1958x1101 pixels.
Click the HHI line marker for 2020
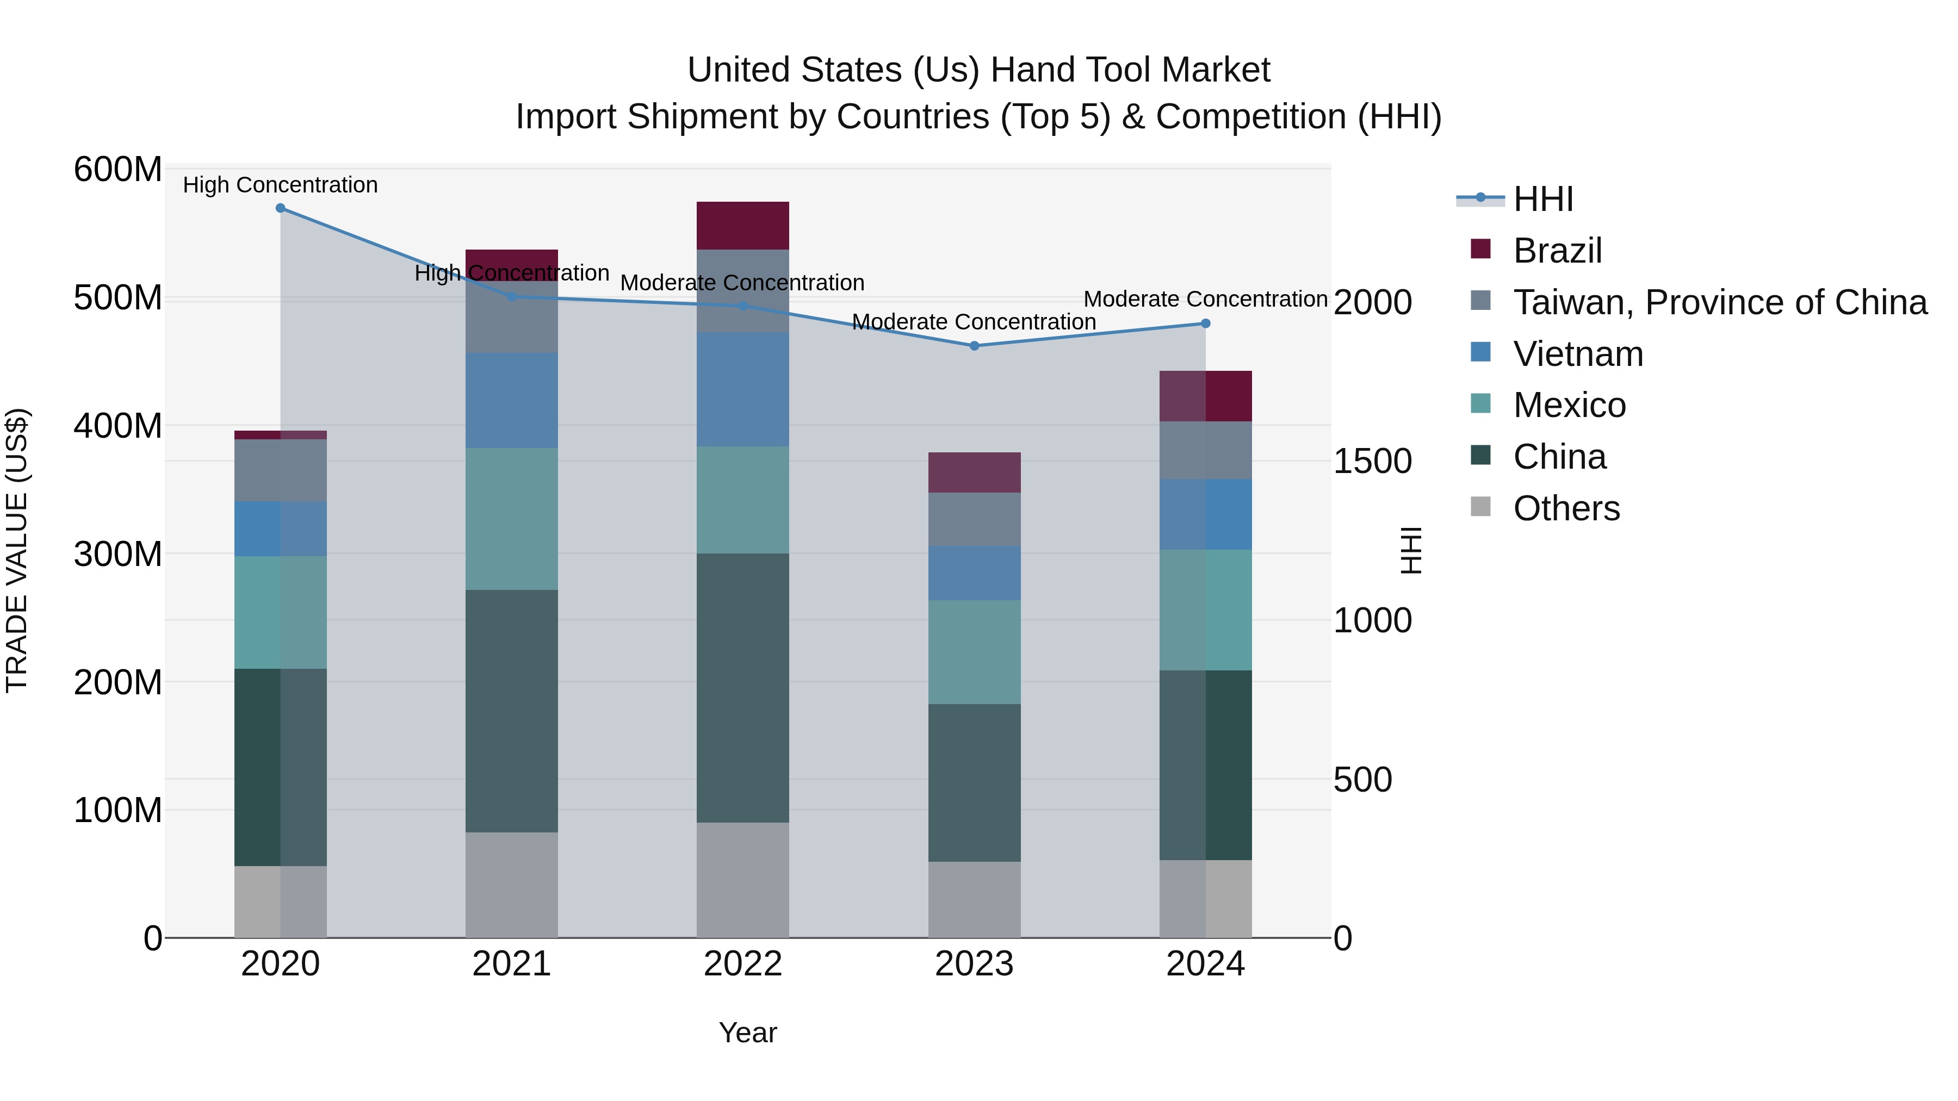(281, 208)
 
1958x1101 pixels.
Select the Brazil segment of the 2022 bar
(742, 226)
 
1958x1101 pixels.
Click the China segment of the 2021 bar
(512, 711)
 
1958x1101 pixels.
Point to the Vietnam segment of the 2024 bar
(1205, 514)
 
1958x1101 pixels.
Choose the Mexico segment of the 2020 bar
(281, 612)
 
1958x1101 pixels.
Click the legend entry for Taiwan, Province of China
(1719, 302)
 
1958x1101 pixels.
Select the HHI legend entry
(1542, 199)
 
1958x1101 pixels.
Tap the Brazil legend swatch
(1480, 249)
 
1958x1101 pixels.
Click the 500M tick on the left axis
(118, 298)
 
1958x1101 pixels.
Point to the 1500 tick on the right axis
(1373, 461)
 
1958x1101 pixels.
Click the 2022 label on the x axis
(742, 964)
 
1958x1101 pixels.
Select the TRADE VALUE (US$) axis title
(17, 550)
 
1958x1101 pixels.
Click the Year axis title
(748, 1032)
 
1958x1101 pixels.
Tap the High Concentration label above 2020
(281, 185)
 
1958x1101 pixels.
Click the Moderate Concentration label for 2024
(1205, 300)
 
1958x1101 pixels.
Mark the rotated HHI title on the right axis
(1411, 550)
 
